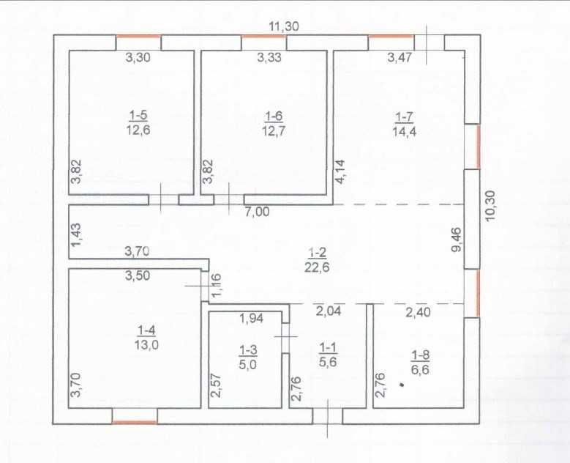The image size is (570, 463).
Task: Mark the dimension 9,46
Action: (x=458, y=240)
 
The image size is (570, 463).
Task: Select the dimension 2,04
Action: (x=328, y=311)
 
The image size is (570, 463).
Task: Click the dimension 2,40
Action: (x=418, y=311)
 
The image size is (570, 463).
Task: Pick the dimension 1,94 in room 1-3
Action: (x=252, y=318)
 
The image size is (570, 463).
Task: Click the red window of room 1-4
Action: (x=135, y=421)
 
